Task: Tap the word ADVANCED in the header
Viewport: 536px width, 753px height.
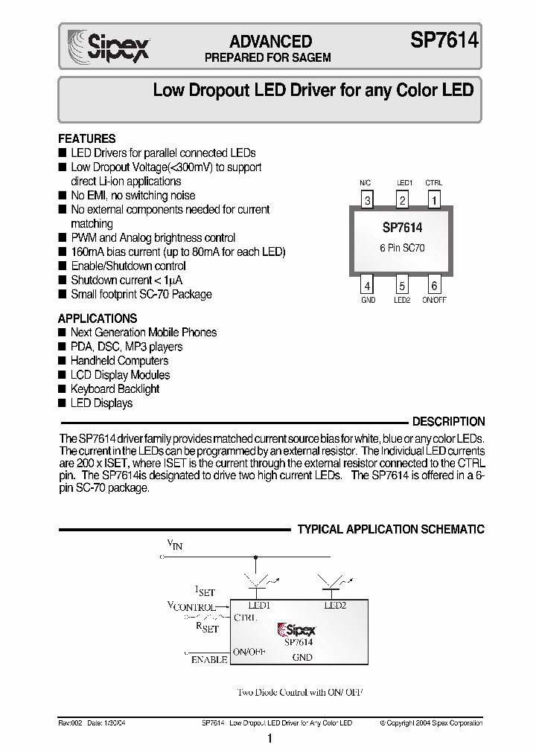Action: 270,42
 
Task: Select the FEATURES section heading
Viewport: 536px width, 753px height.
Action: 87,138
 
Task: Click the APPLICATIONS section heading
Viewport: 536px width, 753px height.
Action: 98,318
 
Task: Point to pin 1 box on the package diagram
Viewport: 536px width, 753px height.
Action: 434,199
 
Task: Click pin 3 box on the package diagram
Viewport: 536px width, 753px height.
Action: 367,199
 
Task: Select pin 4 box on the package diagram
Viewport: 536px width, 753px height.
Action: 367,284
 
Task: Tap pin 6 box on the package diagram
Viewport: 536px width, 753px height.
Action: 434,284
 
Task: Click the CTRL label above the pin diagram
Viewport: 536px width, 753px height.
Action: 434,183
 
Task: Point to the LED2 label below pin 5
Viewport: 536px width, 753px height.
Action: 402,300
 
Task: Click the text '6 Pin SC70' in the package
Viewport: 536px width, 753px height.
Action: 401,249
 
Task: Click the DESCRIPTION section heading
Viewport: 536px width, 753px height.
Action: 448,421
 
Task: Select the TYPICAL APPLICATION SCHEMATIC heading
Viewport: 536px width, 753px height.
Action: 391,530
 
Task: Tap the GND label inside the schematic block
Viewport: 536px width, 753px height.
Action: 302,658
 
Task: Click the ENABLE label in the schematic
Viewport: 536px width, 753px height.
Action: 209,660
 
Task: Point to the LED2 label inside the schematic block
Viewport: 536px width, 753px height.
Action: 336,606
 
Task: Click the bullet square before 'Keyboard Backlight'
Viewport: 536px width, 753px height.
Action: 63,389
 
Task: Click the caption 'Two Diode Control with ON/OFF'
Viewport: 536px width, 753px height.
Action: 300,692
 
